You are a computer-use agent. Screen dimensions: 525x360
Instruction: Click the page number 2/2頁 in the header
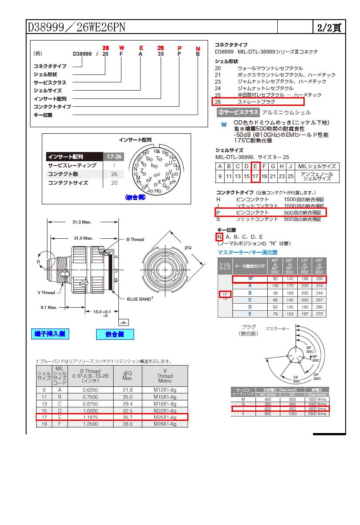click(x=329, y=28)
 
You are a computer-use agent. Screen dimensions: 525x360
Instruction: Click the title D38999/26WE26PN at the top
click(x=77, y=27)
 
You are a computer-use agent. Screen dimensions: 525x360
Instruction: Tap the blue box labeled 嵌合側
click(x=115, y=334)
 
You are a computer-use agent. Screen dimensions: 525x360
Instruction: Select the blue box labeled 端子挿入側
click(x=51, y=334)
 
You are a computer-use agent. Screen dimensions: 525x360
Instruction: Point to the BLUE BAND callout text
click(x=140, y=299)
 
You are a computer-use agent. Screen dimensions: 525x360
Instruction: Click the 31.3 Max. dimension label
click(x=82, y=222)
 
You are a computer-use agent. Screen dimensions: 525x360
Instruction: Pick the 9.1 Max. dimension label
click(x=49, y=307)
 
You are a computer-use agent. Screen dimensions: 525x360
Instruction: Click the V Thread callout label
click(x=46, y=292)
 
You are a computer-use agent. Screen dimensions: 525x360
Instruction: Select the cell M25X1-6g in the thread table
click(x=165, y=417)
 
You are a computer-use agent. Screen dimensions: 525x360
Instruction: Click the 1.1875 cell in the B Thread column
click(x=90, y=417)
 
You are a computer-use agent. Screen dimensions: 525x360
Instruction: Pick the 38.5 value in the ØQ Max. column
click(x=128, y=423)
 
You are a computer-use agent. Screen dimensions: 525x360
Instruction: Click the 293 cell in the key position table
click(x=320, y=279)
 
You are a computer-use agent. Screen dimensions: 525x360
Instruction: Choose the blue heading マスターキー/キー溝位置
click(x=247, y=252)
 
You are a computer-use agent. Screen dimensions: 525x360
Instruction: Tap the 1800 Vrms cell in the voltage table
click(x=316, y=409)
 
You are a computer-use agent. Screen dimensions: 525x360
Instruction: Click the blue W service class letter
click(x=224, y=124)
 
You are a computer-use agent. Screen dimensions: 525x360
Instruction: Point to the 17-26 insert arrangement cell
click(x=114, y=157)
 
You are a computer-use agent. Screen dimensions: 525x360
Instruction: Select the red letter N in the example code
click(x=198, y=48)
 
